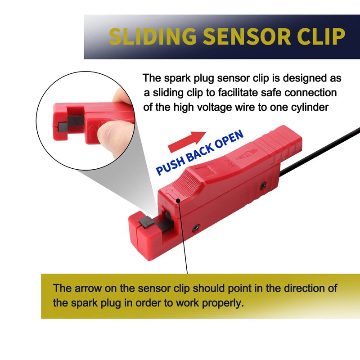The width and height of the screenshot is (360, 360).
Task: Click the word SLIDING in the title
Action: tap(153, 36)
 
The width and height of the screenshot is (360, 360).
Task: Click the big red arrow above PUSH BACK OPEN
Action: tap(187, 141)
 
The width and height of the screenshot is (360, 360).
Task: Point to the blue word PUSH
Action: tap(171, 166)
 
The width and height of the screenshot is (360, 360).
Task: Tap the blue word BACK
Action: tap(199, 153)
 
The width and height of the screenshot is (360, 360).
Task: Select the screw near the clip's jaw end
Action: tap(196, 228)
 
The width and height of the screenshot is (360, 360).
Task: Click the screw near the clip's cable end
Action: tap(263, 186)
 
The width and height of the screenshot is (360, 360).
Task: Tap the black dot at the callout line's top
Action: tap(178, 201)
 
